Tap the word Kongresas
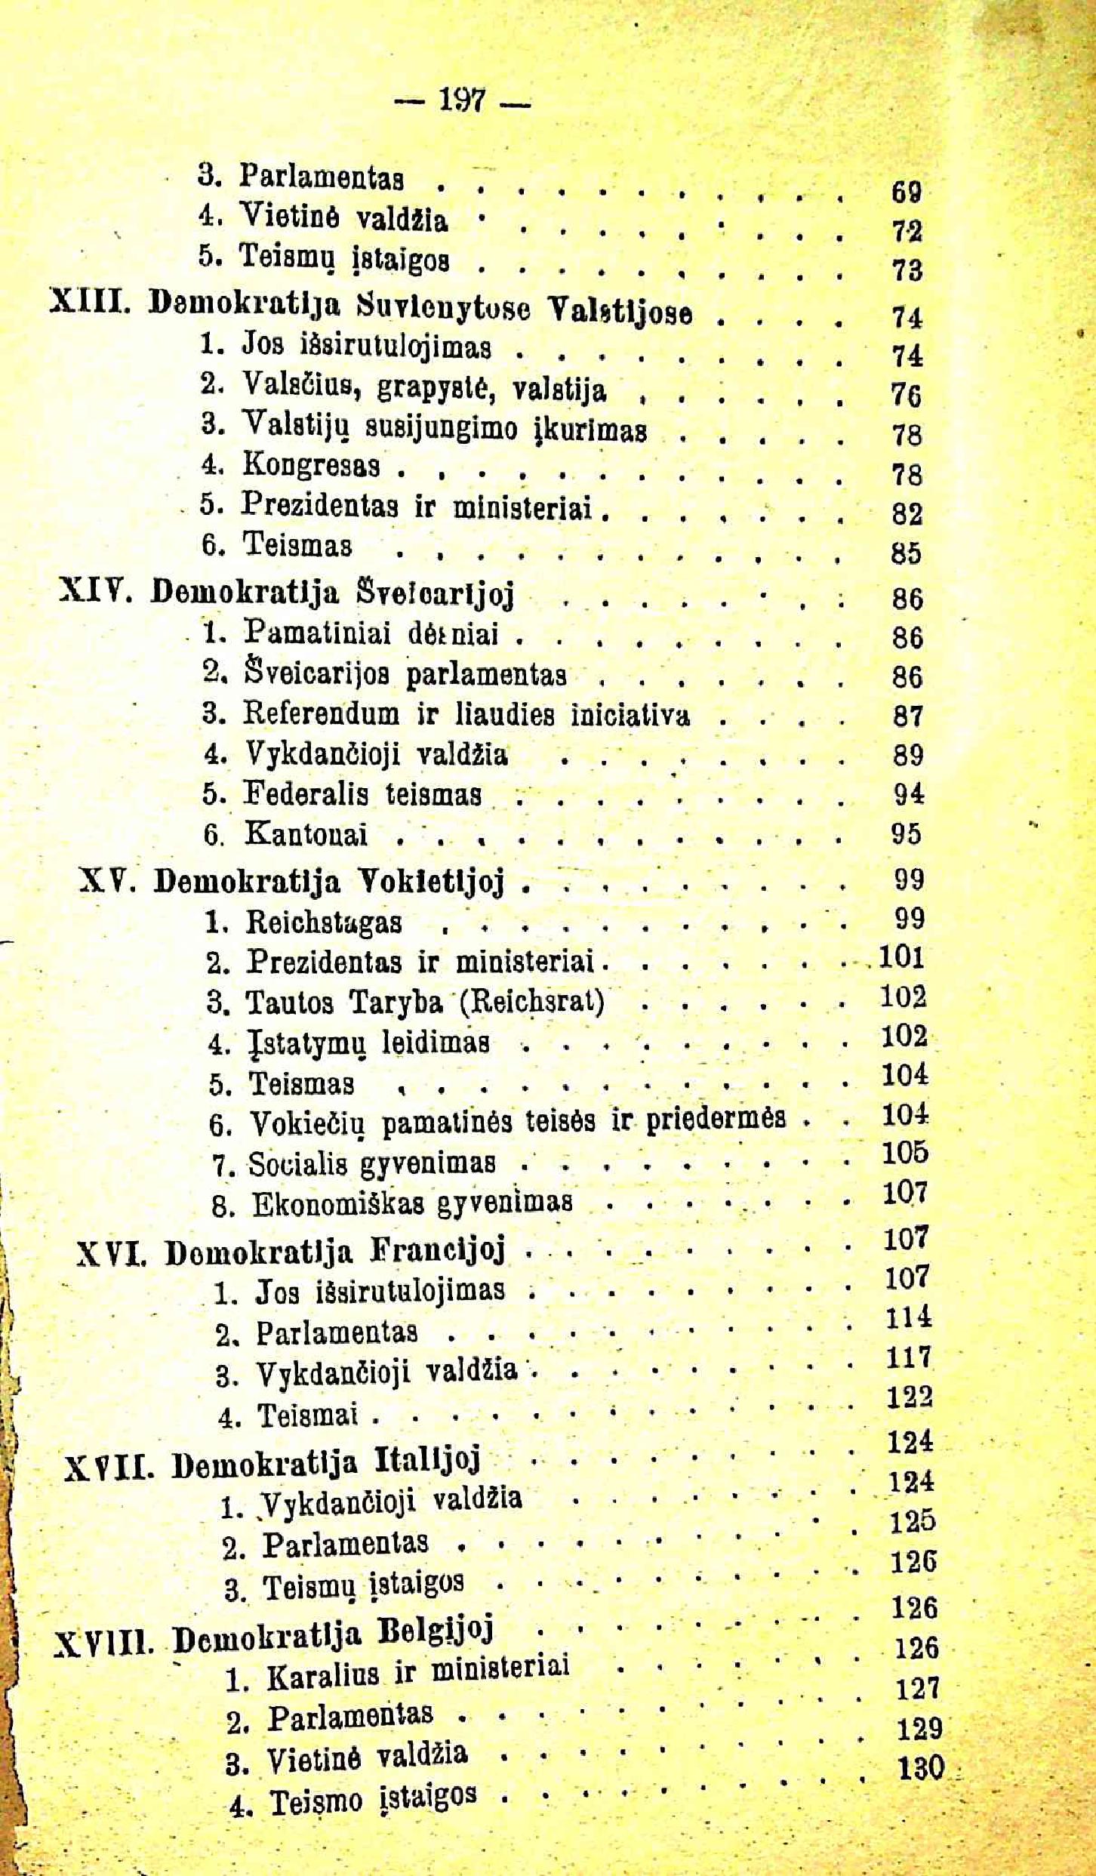pyautogui.click(x=310, y=465)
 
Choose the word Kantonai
pyautogui.click(x=306, y=833)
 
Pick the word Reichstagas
pyautogui.click(x=324, y=923)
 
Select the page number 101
pyautogui.click(x=901, y=957)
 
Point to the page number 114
pyautogui.click(x=908, y=1317)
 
